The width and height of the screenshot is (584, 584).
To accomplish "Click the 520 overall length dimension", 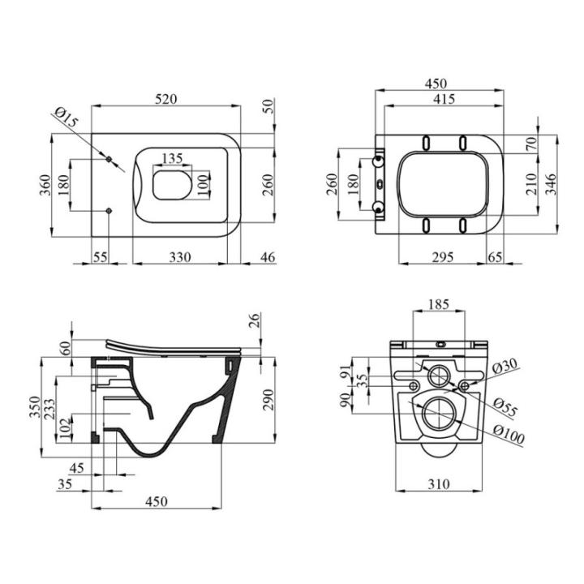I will [x=166, y=98].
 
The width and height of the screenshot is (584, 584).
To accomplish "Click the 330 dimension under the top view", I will [x=179, y=257].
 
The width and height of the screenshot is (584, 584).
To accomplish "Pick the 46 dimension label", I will [x=267, y=257].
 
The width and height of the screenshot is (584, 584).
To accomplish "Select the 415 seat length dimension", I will [x=443, y=99].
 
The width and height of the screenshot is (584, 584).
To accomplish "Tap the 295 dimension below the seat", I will [x=441, y=257].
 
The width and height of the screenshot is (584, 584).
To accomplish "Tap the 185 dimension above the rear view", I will [x=438, y=305].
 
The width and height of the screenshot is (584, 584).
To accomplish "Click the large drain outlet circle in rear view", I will [x=438, y=414].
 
